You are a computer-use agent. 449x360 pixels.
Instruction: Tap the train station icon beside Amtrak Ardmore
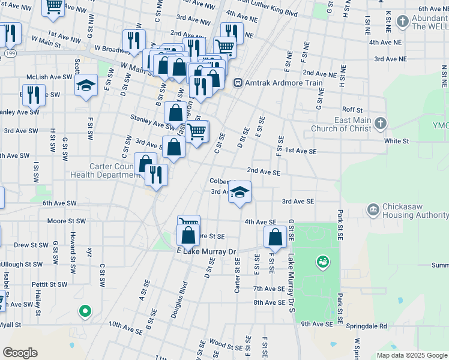[x=238, y=83]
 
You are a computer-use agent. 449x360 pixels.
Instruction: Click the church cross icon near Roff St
[x=379, y=124]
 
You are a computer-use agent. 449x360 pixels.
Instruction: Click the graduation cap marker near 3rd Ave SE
[x=240, y=193]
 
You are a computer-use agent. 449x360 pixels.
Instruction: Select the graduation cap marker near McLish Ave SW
[x=86, y=85]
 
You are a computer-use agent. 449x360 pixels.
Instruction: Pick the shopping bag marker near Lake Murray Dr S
[x=276, y=238]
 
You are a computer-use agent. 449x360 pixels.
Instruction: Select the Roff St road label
[x=352, y=110]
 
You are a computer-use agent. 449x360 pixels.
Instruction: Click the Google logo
[x=20, y=353]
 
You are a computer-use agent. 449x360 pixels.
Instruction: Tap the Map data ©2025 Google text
[x=411, y=355]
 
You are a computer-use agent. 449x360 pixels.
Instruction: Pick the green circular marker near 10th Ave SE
[x=85, y=311]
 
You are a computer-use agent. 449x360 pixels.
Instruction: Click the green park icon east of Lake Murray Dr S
[x=323, y=262]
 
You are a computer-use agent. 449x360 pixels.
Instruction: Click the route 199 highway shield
[x=9, y=53]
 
